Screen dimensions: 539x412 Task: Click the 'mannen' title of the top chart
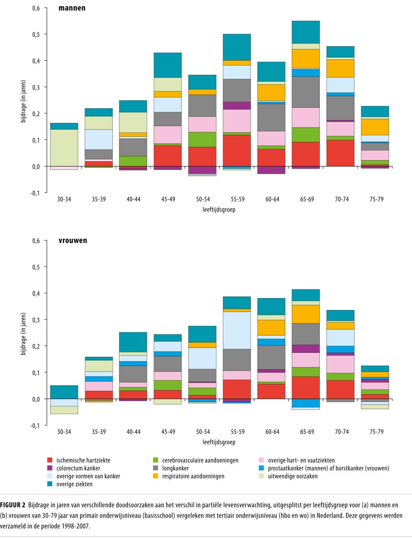[72, 8]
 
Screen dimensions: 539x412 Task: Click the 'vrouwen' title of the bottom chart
[73, 241]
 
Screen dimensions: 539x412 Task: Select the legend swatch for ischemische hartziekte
[50, 460]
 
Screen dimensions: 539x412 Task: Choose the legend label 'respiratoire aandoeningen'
[193, 476]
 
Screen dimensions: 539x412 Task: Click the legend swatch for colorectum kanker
[50, 468]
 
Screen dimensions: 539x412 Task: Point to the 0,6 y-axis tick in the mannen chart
[36, 8]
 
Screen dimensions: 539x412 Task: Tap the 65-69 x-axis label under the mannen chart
[307, 199]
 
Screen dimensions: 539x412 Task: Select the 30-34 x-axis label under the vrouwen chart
[64, 432]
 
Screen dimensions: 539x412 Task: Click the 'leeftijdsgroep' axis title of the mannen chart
[219, 210]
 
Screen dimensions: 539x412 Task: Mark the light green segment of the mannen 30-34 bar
[64, 147]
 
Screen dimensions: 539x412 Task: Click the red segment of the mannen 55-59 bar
[237, 150]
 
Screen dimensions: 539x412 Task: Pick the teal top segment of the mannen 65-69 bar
[307, 32]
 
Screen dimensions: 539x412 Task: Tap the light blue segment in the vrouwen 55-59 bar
[237, 330]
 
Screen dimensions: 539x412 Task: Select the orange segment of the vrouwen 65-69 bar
[307, 314]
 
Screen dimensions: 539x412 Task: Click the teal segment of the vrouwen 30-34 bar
[64, 392]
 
